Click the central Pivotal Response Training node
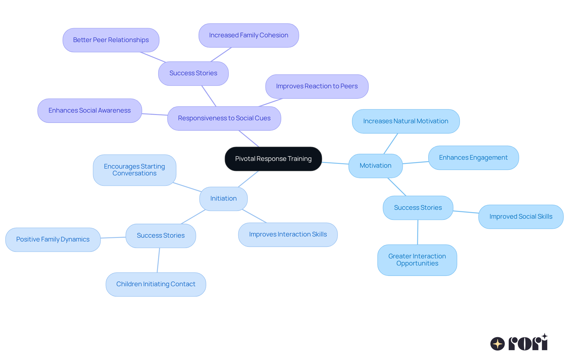click(x=273, y=159)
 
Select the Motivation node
click(x=375, y=166)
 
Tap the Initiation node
click(x=223, y=199)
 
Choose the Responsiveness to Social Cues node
click(x=224, y=118)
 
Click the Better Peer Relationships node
click(x=111, y=40)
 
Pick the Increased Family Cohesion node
click(x=249, y=35)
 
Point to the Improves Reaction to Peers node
click(x=317, y=86)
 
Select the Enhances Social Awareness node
click(x=89, y=111)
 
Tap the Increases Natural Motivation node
click(x=406, y=121)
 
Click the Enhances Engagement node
click(x=473, y=158)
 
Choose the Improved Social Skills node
click(x=521, y=217)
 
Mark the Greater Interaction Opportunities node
click(x=417, y=260)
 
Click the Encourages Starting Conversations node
click(x=135, y=170)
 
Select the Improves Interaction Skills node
click(x=288, y=234)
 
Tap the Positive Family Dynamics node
click(x=53, y=239)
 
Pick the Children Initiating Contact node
click(x=156, y=284)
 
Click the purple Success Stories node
click(x=193, y=73)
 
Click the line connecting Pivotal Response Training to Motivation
click(x=335, y=163)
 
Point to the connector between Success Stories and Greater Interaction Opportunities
click(x=418, y=232)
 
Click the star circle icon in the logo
click(x=497, y=344)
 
